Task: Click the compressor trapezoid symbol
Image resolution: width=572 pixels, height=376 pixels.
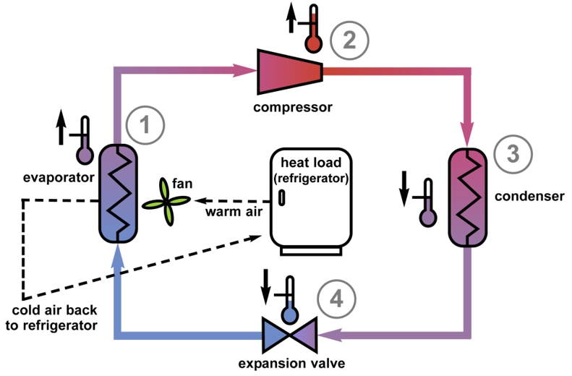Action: [290, 72]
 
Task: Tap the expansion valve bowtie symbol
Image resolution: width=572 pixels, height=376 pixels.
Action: [290, 335]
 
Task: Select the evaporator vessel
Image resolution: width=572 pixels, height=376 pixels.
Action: [118, 193]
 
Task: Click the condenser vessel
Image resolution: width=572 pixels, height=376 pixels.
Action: [468, 197]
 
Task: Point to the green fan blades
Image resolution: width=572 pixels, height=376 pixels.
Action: [166, 201]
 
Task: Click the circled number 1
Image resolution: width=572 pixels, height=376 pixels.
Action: [145, 125]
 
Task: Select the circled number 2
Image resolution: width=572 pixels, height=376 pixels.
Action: [349, 40]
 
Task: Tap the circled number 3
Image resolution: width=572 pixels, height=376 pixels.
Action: [513, 154]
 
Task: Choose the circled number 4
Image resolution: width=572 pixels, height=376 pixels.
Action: [336, 299]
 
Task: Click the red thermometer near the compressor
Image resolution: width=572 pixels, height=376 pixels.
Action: [313, 29]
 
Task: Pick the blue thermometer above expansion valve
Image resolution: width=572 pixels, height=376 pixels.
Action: [290, 300]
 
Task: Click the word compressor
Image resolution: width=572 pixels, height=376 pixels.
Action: [293, 107]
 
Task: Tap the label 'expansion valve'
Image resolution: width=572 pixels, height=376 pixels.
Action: [291, 363]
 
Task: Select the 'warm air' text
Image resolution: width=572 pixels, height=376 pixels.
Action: [234, 212]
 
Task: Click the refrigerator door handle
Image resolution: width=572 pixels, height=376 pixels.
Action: [281, 197]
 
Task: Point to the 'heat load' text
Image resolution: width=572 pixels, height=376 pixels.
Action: [311, 162]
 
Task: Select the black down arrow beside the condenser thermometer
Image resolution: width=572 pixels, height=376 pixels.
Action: [404, 189]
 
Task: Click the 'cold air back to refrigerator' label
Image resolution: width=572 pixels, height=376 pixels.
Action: [51, 317]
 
